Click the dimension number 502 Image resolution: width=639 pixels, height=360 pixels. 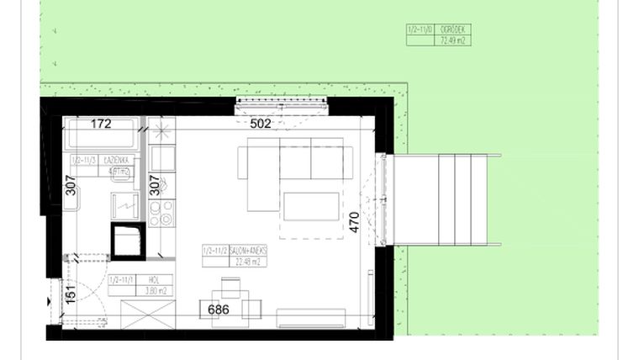coord(261,124)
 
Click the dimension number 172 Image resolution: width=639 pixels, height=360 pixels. coord(101,124)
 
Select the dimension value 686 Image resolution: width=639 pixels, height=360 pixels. coord(218,310)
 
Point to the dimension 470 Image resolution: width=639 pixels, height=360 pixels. coord(354,222)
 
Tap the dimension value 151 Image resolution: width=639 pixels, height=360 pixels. coord(71,296)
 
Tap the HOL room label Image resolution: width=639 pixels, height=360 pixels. coord(153,280)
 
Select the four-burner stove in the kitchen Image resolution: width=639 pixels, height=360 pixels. coord(161,213)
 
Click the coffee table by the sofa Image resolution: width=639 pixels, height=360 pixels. coord(311,206)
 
